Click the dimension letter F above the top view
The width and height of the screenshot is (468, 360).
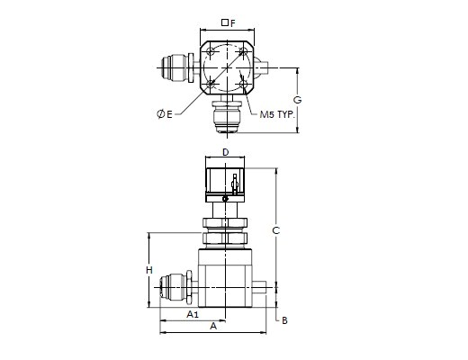233,23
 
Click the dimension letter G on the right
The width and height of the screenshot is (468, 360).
297,100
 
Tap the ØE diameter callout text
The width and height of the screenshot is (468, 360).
165,114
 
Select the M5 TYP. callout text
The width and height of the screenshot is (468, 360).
277,114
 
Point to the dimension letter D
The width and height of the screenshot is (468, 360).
225,152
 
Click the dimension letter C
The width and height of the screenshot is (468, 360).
275,230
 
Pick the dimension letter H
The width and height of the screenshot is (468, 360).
149,270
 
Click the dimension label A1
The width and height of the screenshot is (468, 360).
193,314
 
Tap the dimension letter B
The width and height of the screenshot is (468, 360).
284,320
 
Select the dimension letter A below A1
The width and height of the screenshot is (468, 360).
213,326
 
